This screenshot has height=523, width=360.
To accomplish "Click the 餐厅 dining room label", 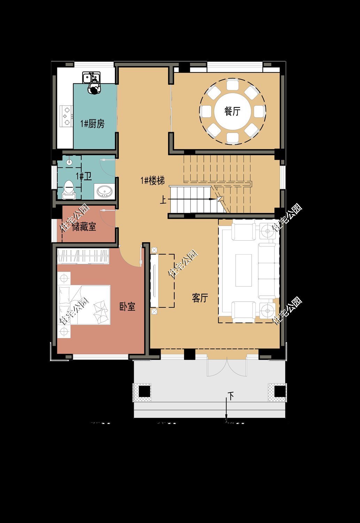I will tap(232, 112).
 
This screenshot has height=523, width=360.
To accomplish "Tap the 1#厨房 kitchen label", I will tap(92, 124).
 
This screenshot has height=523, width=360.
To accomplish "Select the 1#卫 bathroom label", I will tap(84, 176).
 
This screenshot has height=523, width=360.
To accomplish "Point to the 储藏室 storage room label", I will tap(84, 227).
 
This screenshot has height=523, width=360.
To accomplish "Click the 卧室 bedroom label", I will tap(127, 307).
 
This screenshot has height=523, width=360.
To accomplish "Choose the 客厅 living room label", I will tap(200, 298).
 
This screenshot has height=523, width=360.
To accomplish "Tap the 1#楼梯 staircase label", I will tap(152, 181).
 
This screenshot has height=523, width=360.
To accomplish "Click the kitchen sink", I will tap(91, 77).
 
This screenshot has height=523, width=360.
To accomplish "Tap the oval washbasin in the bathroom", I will tap(104, 191).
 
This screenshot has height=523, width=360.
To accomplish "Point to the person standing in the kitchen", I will tap(94, 88).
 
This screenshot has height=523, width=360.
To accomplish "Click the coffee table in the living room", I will tap(243, 270).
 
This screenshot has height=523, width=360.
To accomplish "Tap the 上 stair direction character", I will tap(163, 200).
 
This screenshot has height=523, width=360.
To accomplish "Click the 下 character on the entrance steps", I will tap(231, 395).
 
